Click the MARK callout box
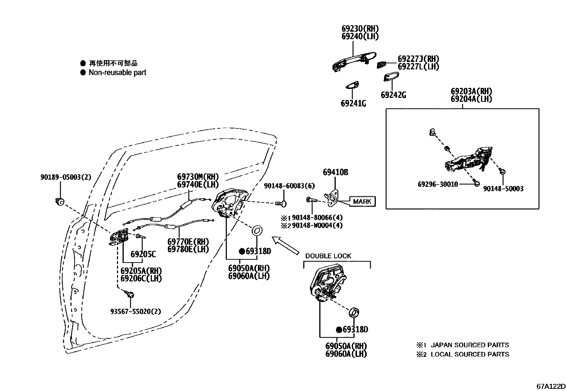click(x=362, y=201)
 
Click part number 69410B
click(x=335, y=173)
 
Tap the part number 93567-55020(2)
click(x=135, y=311)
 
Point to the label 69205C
click(x=143, y=254)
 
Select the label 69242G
click(x=393, y=95)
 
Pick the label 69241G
click(x=353, y=104)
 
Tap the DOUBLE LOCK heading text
click(x=328, y=256)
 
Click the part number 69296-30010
click(x=437, y=184)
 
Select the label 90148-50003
click(x=503, y=189)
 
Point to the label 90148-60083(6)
click(x=289, y=186)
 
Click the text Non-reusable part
click(x=117, y=73)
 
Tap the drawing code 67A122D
click(x=551, y=386)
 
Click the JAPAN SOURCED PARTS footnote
click(x=469, y=345)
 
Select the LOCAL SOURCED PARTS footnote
click(x=469, y=354)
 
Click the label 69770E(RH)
click(x=188, y=242)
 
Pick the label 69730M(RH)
click(x=198, y=176)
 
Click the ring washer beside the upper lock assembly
click(x=257, y=230)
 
